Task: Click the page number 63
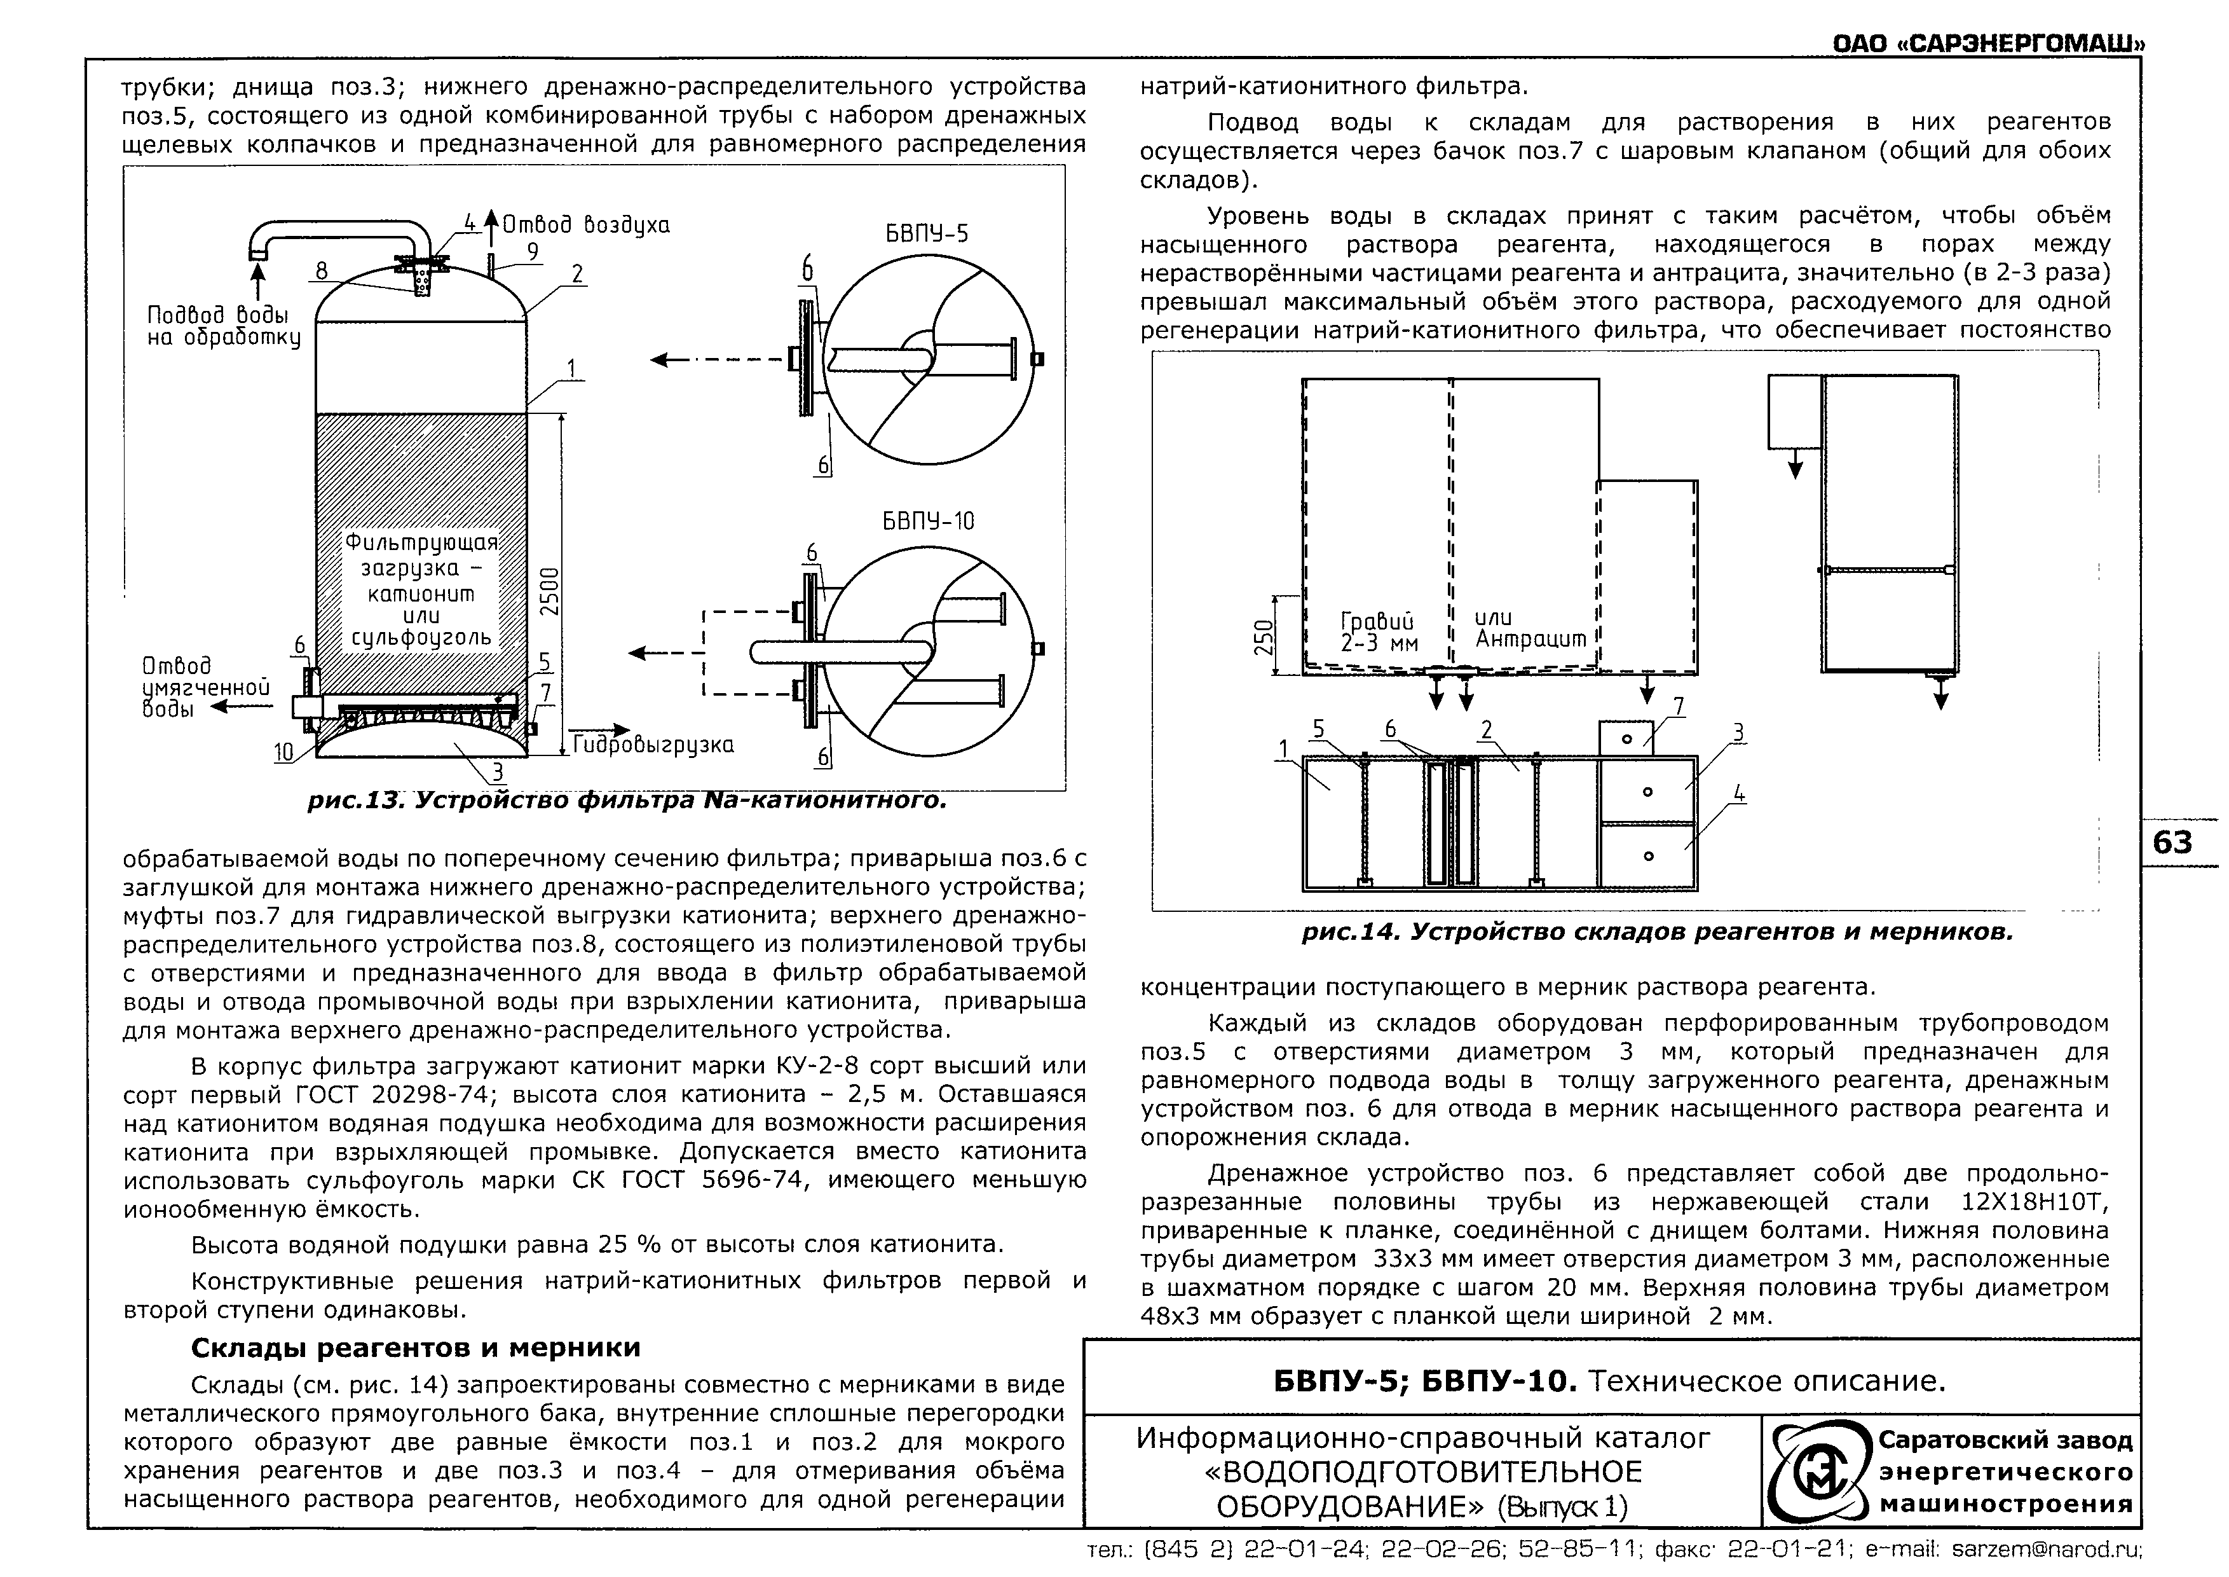(x=2172, y=842)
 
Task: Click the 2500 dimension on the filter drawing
(x=550, y=589)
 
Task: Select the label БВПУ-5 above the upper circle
(x=926, y=234)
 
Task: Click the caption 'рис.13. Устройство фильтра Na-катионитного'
(x=626, y=802)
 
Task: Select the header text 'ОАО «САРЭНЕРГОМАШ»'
(x=1987, y=45)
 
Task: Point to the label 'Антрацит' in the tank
(x=1529, y=639)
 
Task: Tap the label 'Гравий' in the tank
(x=1377, y=619)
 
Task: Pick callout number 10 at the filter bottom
(x=283, y=752)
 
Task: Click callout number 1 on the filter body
(x=572, y=369)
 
